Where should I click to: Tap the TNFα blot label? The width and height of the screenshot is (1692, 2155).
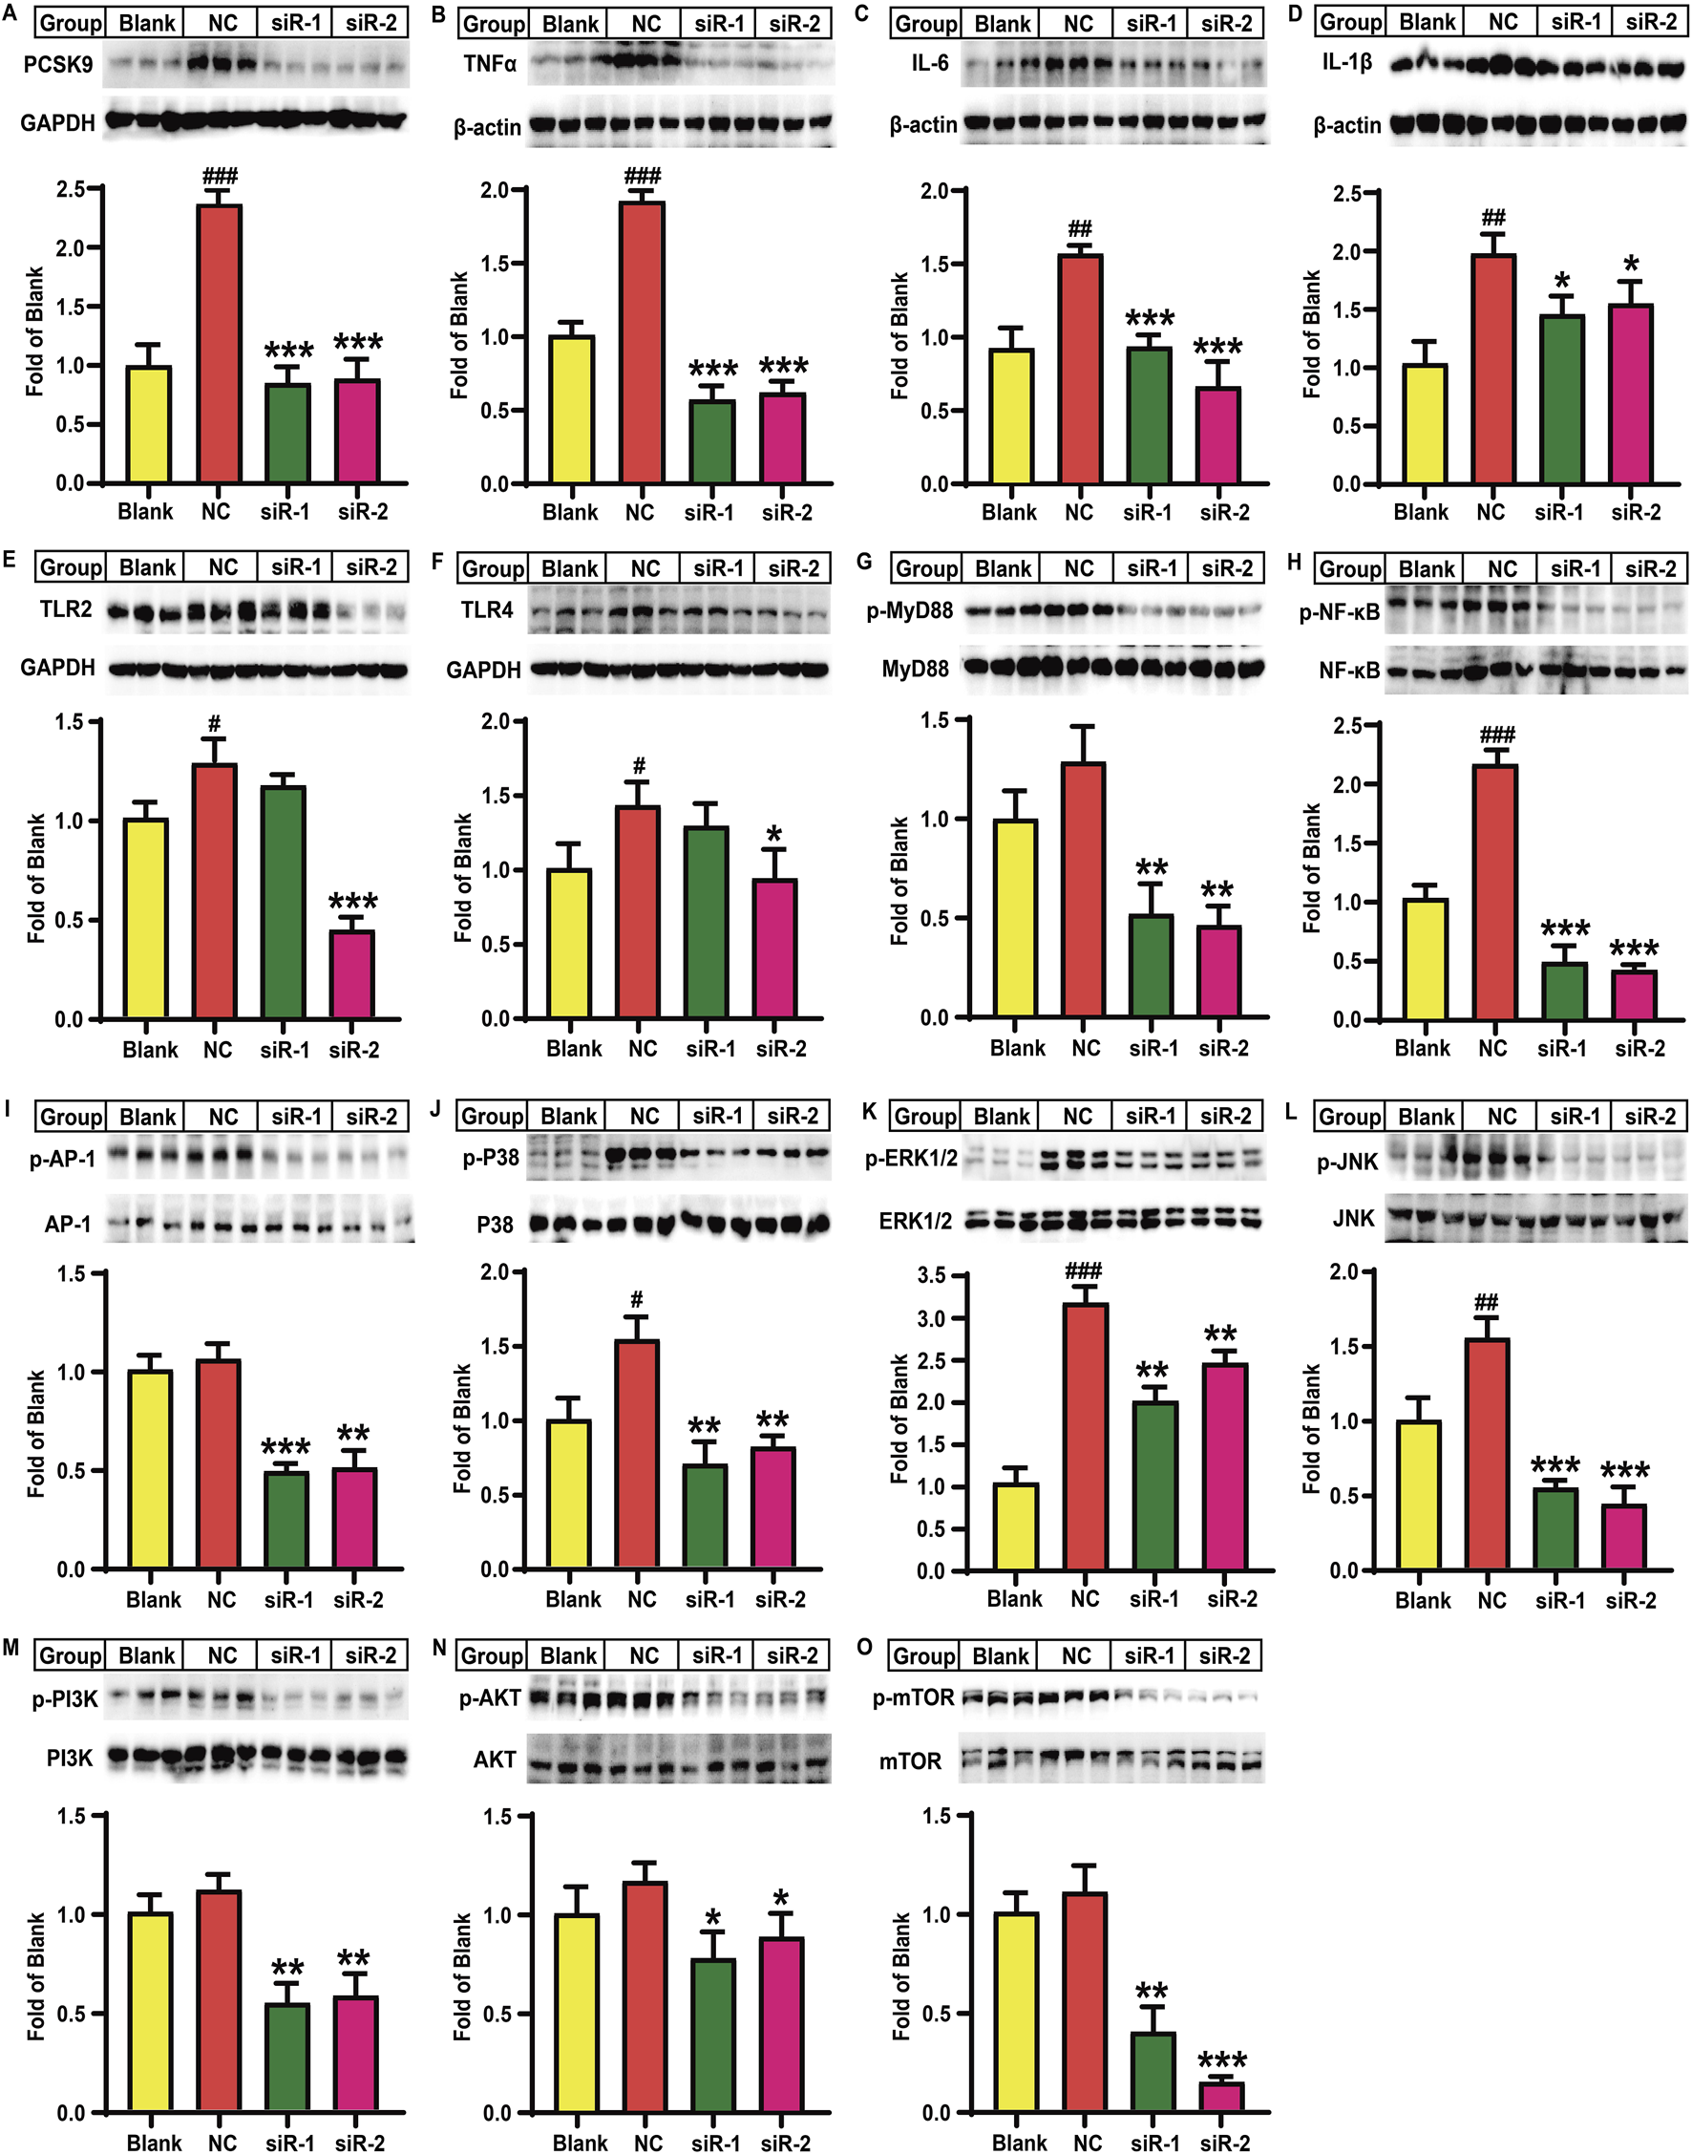[x=490, y=64]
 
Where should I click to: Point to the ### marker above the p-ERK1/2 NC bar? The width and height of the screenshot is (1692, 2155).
[x=1084, y=1271]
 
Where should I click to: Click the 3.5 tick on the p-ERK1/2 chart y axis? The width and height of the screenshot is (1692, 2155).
[x=931, y=1276]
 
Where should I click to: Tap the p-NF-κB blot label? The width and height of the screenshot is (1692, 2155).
[x=1339, y=612]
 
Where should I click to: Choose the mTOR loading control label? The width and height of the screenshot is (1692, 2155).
[x=909, y=1761]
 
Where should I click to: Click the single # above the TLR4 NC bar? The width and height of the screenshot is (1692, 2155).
[x=639, y=766]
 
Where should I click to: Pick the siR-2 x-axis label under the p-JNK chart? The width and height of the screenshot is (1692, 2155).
[x=1631, y=1600]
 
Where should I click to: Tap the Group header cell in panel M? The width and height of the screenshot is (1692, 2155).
[x=70, y=1655]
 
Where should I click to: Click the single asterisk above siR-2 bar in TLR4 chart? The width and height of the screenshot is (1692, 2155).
[x=773, y=834]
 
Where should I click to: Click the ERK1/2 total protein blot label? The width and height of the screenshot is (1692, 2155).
[x=915, y=1221]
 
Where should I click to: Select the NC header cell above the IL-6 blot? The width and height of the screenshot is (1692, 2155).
[x=1077, y=24]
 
